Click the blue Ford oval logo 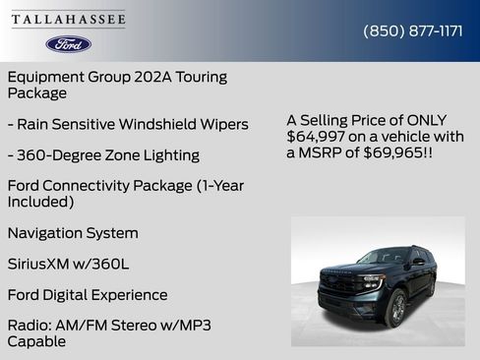click(x=69, y=44)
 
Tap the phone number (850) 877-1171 click(x=413, y=30)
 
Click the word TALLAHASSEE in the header click(x=69, y=20)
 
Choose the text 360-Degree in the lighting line click(x=58, y=154)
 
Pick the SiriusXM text click(x=42, y=264)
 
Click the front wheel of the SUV click(x=397, y=309)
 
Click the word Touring click(x=200, y=77)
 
